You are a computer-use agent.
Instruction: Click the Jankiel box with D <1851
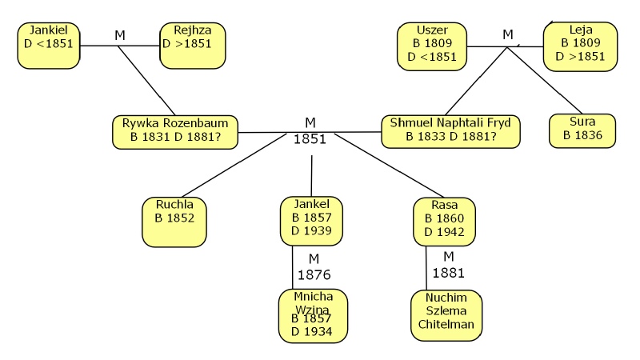[x=49, y=45]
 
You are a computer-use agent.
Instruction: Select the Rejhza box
[x=192, y=45]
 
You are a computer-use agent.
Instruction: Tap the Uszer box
[x=432, y=46]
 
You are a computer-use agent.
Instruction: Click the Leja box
[x=580, y=46]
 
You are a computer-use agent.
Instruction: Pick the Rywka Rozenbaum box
[x=176, y=131]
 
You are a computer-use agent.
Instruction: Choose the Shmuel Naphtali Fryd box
[x=451, y=131]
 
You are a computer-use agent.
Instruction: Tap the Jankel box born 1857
[x=311, y=220]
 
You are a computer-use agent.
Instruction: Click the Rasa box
[x=444, y=221]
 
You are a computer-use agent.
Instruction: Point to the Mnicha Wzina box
[x=313, y=316]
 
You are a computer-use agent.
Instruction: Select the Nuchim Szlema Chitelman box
[x=446, y=316]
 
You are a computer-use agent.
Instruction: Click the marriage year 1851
[x=310, y=138]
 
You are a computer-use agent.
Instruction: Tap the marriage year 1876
[x=314, y=275]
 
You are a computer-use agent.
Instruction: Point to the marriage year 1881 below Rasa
[x=448, y=272]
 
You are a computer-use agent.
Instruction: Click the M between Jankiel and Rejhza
[x=120, y=35]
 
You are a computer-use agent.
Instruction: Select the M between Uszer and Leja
[x=507, y=34]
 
